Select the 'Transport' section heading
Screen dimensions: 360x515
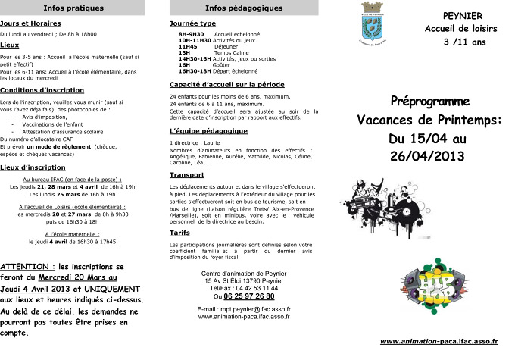tap(187, 174)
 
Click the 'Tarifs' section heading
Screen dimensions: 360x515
tap(180, 233)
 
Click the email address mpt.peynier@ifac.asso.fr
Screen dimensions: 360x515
tap(244, 310)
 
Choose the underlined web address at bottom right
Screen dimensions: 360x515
tap(439, 342)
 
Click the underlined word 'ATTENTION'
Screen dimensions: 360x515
tap(27, 268)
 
